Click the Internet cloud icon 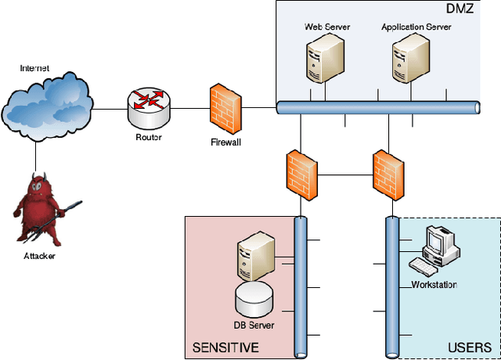(48, 105)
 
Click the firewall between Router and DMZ (226, 107)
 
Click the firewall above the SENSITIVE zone (301, 171)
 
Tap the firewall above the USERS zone (387, 171)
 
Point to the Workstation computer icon (438, 250)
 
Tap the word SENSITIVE (225, 347)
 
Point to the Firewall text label (227, 142)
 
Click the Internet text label (34, 69)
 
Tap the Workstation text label (434, 285)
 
